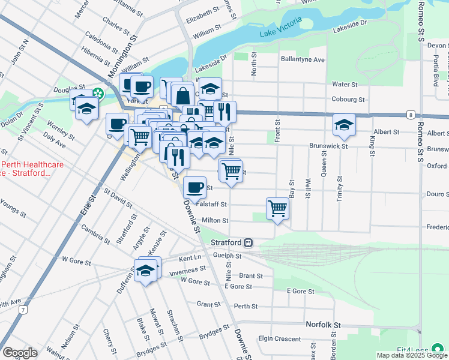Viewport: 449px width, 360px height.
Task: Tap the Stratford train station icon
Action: [248, 243]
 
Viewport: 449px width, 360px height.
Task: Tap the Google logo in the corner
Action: [20, 353]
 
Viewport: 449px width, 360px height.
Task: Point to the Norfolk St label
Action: [323, 325]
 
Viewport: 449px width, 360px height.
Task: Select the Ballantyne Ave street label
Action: [303, 60]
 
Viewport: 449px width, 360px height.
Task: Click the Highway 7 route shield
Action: [23, 310]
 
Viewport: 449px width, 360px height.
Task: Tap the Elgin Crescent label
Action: [279, 338]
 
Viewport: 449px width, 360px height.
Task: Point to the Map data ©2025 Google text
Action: [412, 355]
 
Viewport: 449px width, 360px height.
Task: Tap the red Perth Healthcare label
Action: [27, 169]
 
